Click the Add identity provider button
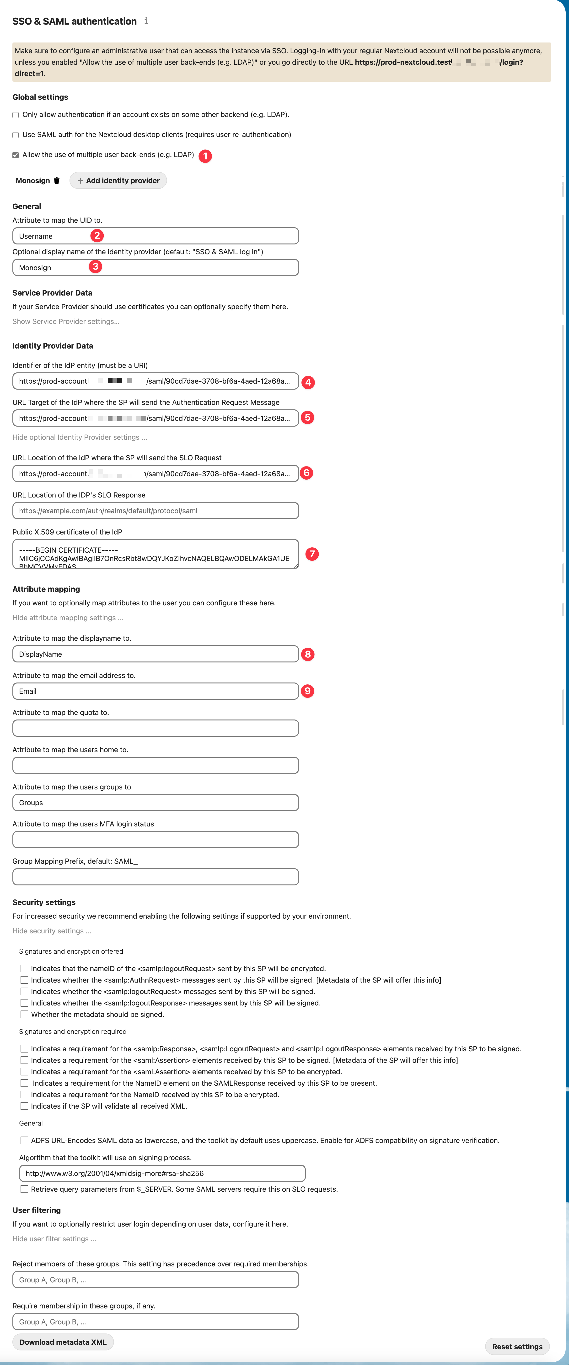point(118,181)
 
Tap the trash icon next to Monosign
point(57,181)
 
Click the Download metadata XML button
point(63,1342)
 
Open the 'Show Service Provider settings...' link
point(66,322)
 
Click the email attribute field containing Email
point(155,692)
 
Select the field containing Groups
point(155,803)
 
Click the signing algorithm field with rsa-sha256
point(162,1174)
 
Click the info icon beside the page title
point(146,21)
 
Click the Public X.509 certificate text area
point(155,554)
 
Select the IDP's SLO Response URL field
point(155,511)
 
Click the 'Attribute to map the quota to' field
point(155,729)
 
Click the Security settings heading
point(44,902)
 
